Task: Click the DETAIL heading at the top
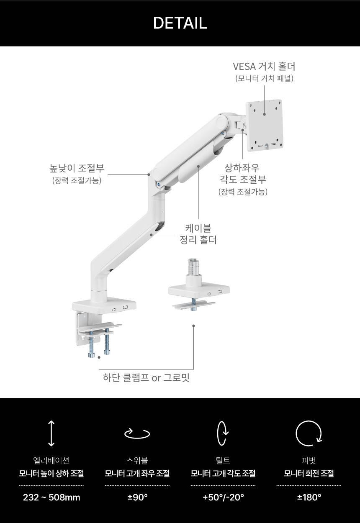click(180, 23)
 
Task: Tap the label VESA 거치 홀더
click(264, 66)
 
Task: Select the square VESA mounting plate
click(265, 126)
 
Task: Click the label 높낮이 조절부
click(77, 168)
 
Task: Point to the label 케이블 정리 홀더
click(198, 234)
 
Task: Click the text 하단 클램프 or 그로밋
click(146, 377)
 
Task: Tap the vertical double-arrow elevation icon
click(51, 433)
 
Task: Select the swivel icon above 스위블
click(137, 433)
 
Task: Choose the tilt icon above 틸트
click(223, 433)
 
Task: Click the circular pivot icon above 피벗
click(309, 433)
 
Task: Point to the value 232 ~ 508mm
click(51, 497)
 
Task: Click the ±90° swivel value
click(137, 497)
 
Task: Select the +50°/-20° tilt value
click(224, 497)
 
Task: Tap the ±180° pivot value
click(309, 497)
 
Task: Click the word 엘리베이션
click(51, 460)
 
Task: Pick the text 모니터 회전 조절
click(309, 473)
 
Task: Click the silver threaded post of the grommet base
click(193, 267)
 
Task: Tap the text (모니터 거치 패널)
click(264, 79)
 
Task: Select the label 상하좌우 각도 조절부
click(243, 174)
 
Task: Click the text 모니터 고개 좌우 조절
click(137, 473)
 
